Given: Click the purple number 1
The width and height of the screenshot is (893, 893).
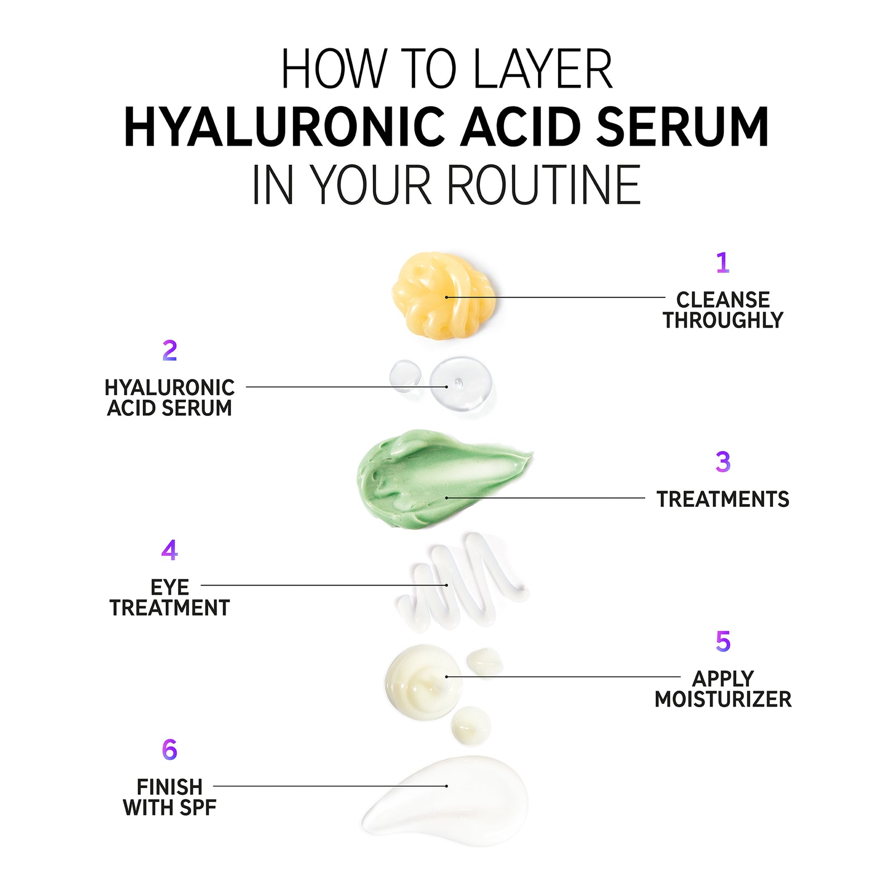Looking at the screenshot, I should [722, 262].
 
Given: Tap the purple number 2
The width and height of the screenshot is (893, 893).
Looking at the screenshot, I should [170, 351].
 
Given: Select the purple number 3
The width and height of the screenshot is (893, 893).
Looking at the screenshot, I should [723, 462].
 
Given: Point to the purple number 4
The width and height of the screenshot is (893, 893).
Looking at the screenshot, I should [169, 550].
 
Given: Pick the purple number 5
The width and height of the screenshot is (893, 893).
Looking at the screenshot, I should [723, 641].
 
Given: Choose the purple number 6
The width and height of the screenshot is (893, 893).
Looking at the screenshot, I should [169, 750].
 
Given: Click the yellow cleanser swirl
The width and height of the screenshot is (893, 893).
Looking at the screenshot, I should [443, 294].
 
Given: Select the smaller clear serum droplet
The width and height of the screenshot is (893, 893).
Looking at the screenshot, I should [405, 375].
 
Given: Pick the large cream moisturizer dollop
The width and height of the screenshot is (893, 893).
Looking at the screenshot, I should [423, 682].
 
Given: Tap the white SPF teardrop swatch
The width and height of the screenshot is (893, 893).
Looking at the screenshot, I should [458, 798].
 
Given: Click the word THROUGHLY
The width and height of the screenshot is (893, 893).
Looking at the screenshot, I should [723, 320].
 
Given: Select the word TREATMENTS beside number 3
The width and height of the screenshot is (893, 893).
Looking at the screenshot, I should [723, 499].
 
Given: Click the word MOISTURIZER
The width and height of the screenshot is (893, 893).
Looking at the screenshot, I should [723, 699].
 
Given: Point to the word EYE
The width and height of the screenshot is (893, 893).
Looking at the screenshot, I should [170, 587].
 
